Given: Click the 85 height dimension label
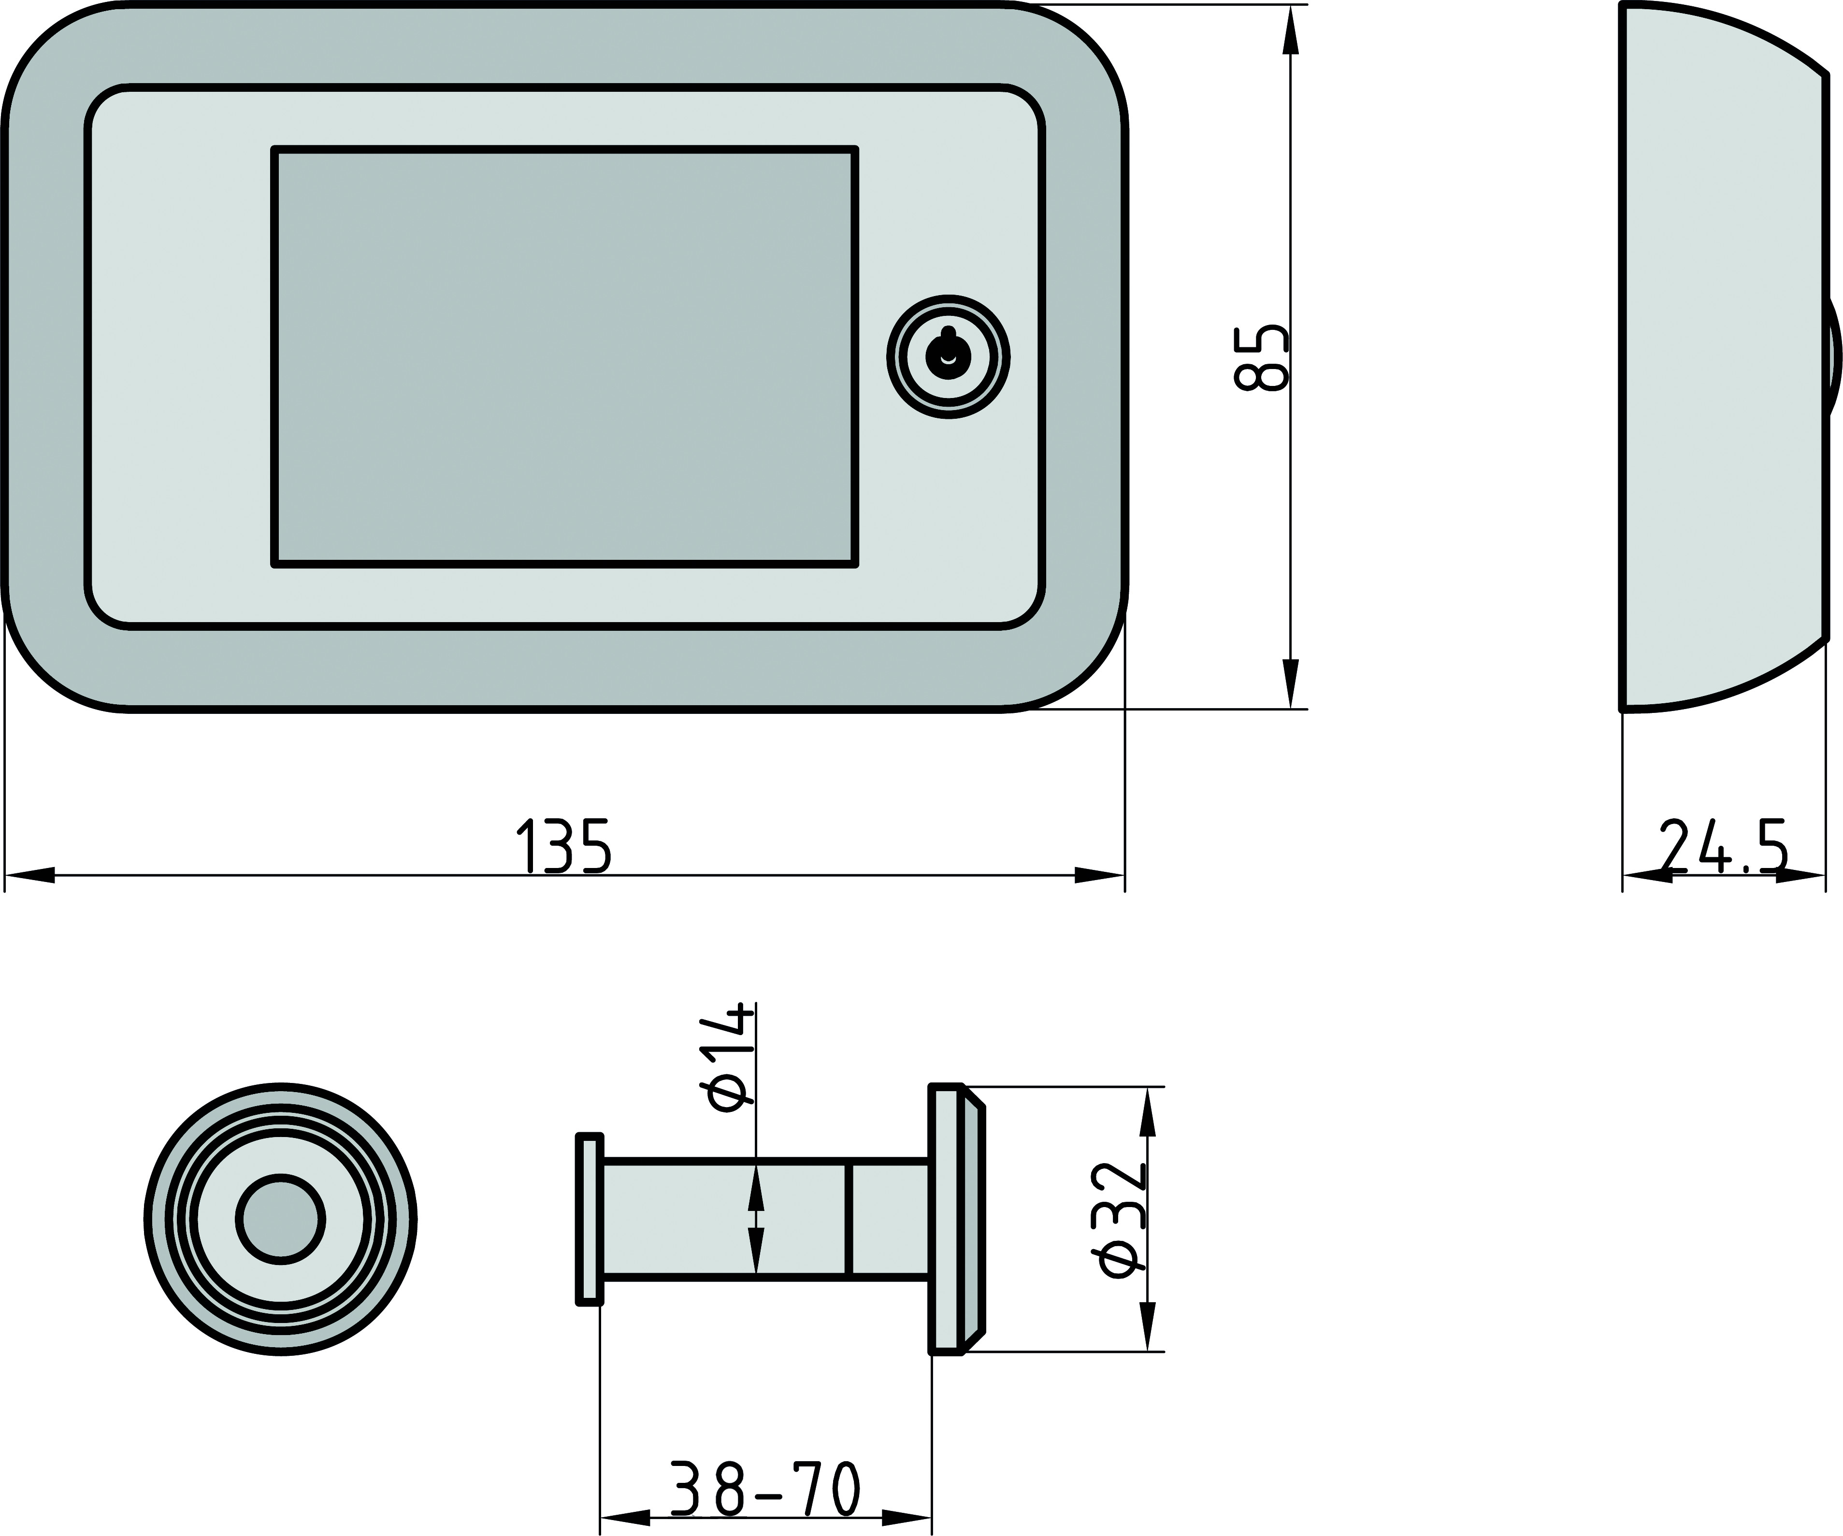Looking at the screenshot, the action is (x=1261, y=358).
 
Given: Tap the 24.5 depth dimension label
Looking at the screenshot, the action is (x=1723, y=847).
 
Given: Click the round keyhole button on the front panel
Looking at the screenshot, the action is (x=948, y=357).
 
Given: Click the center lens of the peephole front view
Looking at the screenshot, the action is (x=281, y=1219).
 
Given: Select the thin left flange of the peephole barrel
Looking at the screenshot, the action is (x=590, y=1219).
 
